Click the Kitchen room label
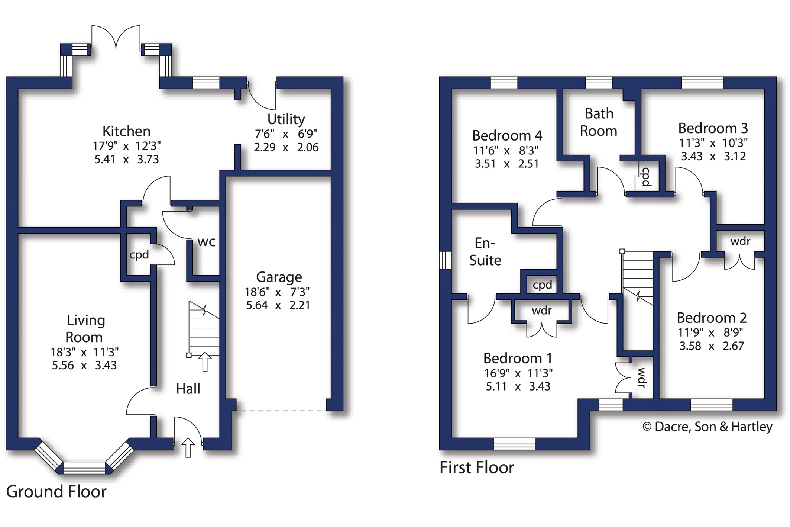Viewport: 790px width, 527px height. [126, 131]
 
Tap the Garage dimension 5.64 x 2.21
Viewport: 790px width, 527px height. [278, 305]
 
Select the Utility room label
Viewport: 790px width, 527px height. [286, 119]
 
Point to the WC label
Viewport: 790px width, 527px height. [206, 242]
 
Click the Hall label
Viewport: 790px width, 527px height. [188, 389]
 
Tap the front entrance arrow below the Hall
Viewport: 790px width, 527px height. [188, 447]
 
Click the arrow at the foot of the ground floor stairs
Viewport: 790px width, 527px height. [205, 362]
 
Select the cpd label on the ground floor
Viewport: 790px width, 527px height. [139, 255]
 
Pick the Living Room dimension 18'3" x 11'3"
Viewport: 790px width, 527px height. [85, 352]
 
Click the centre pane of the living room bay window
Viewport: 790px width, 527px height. [84, 468]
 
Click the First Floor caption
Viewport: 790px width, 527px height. [477, 467]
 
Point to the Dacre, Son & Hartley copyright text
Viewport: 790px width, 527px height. [708, 427]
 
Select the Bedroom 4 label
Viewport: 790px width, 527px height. [507, 136]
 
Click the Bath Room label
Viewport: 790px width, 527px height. [599, 122]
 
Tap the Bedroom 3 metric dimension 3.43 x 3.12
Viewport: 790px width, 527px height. [713, 156]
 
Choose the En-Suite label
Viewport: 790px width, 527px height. [485, 252]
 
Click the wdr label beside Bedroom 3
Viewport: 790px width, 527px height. [740, 242]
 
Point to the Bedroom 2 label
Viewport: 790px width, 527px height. [712, 318]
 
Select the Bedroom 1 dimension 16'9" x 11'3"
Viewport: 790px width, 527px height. [518, 373]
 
